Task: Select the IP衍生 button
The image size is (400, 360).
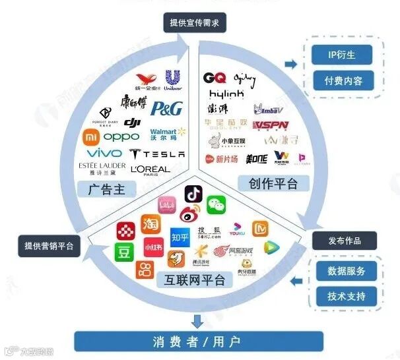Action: (343, 54)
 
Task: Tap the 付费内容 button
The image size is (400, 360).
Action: (343, 81)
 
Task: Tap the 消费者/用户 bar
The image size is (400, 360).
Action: (199, 342)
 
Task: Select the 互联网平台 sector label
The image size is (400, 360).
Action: (195, 280)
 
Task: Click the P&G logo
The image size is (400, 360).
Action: (166, 108)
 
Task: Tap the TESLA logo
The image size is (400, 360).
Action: (156, 154)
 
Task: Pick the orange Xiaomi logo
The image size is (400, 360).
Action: (91, 137)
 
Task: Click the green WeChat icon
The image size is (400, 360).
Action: (216, 204)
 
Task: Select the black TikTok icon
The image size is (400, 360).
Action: (193, 195)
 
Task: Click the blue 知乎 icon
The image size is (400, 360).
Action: (180, 235)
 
